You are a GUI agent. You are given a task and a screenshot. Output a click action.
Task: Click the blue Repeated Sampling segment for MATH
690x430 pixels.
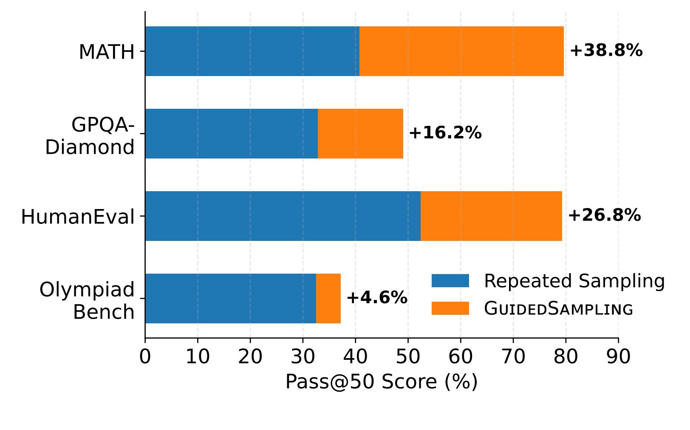point(252,51)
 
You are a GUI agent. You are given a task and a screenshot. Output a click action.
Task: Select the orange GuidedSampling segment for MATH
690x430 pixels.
point(461,51)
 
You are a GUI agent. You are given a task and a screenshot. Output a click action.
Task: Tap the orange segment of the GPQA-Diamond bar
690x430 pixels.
point(360,134)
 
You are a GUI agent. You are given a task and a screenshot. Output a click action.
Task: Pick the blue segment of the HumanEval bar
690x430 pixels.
point(283,216)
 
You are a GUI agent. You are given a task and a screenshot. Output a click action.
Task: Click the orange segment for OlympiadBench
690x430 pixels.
point(328,298)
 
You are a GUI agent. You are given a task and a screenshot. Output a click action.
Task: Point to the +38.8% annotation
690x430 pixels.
point(606,51)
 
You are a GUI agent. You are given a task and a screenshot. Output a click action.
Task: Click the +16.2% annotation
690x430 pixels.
point(445,133)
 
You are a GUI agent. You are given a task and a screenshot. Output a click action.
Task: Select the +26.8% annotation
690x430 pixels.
point(604,215)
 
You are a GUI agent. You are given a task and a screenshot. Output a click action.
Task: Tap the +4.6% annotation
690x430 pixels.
point(376,297)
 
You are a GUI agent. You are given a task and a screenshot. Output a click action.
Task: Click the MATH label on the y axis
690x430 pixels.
point(107,52)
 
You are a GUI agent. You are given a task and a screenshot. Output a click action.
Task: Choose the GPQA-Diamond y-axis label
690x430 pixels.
point(90,136)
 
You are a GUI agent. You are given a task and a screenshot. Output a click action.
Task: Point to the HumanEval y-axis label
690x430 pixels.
point(78,217)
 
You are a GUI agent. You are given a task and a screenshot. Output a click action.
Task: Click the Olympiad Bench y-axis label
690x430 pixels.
point(87,301)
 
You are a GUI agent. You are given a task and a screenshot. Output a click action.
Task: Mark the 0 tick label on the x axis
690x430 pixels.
point(145,357)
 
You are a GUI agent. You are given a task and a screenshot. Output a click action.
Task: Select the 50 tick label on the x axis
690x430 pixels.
point(408,357)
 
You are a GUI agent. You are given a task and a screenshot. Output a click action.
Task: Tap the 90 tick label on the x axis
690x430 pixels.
point(618,357)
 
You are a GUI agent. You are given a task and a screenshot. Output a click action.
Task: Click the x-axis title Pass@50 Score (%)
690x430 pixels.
point(381,382)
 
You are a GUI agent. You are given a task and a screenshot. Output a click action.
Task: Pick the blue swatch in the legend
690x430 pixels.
point(450,281)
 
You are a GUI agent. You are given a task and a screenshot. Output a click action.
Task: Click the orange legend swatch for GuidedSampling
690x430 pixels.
point(450,308)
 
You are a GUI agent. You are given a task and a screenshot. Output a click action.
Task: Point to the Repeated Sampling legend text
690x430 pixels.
point(574,281)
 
